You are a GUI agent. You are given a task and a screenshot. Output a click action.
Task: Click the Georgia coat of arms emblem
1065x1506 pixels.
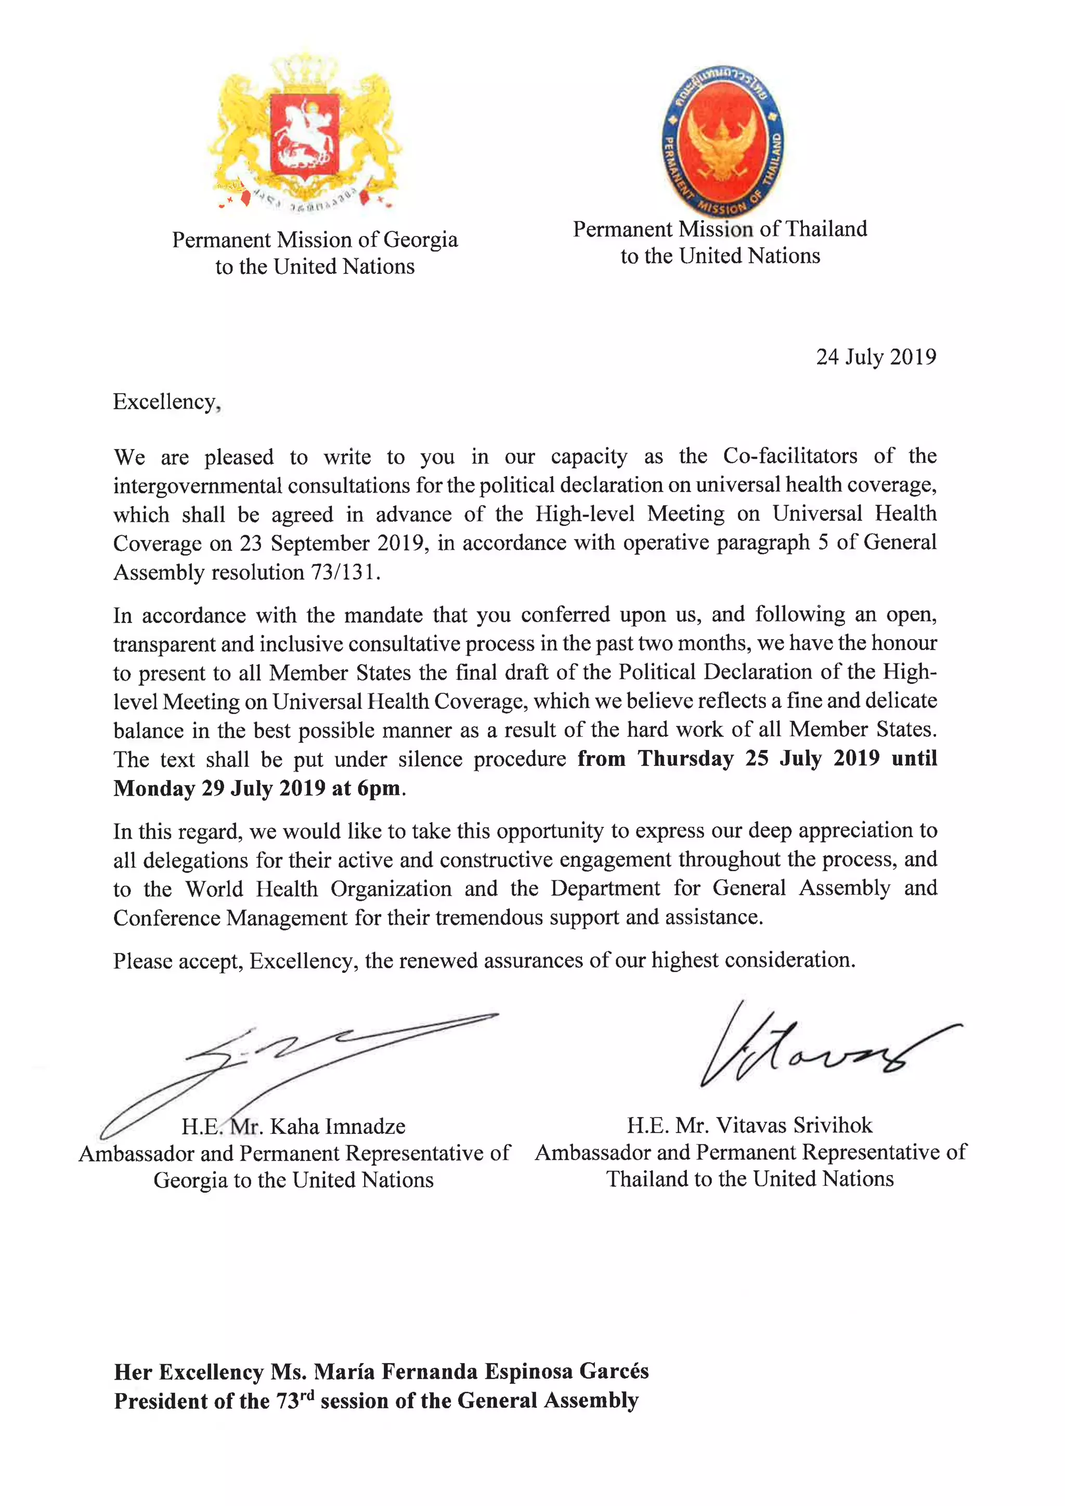click(x=306, y=131)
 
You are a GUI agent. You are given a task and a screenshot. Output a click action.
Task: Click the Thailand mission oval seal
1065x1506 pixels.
click(x=722, y=140)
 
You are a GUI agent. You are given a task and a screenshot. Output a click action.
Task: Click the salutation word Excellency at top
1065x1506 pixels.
click(x=165, y=401)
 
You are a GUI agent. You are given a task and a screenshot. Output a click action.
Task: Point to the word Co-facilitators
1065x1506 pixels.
click(x=790, y=456)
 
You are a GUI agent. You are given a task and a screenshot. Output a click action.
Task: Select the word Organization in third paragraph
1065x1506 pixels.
click(x=391, y=888)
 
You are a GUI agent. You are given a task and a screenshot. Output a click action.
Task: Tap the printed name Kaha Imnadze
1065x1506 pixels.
click(x=337, y=1126)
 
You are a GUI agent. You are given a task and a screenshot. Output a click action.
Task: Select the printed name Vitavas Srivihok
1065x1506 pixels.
click(x=794, y=1125)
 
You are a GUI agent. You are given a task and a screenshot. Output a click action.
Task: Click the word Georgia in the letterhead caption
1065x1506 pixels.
click(x=421, y=240)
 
